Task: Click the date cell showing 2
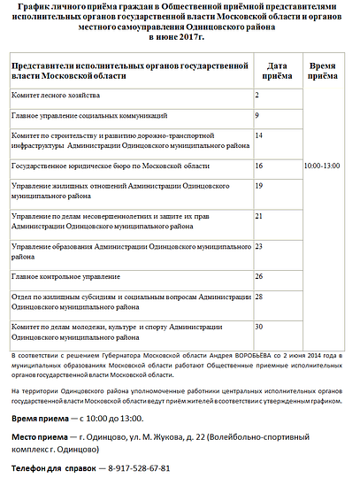point(257,95)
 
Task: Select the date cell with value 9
point(257,115)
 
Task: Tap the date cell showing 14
point(259,135)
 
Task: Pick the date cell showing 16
point(259,166)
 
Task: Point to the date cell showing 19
point(259,186)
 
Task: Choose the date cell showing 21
point(259,216)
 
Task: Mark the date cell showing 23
point(259,246)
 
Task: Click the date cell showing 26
point(259,276)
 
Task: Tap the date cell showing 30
point(259,327)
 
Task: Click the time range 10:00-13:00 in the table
point(321,166)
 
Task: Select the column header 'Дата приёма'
point(277,71)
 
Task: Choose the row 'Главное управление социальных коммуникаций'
point(88,116)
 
